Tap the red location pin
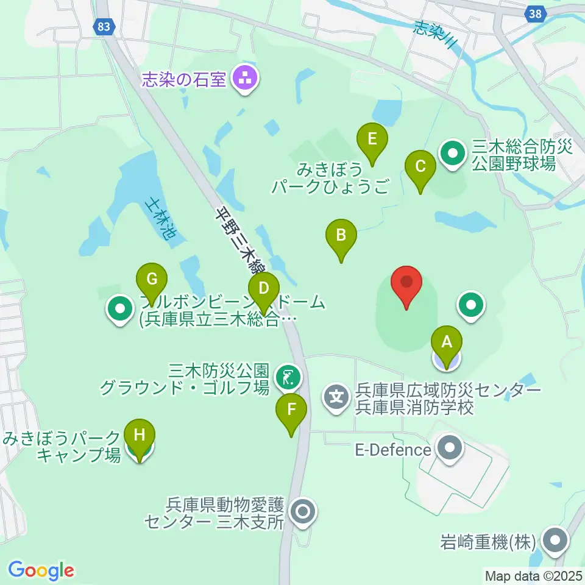[x=407, y=285]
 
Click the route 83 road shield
[x=104, y=26]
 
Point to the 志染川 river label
[x=435, y=34]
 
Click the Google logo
[x=41, y=570]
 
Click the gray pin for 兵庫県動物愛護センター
[x=303, y=512]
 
